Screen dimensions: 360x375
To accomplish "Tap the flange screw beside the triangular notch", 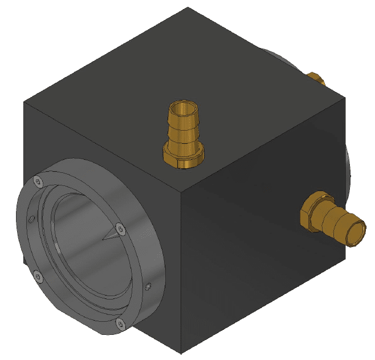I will pos(120,229).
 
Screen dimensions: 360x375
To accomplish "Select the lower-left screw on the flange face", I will pos(39,277).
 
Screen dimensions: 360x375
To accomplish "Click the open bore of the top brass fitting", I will pos(184,108).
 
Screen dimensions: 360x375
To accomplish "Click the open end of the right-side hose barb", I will pos(356,233).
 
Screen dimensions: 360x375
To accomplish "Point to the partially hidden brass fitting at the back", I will pos(315,77).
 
